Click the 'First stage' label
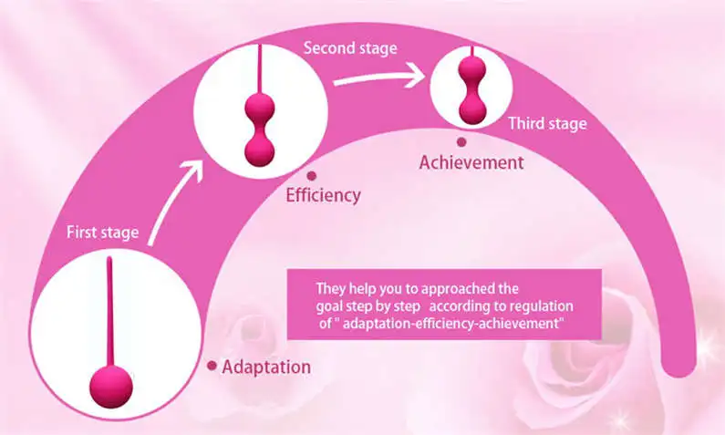(x=102, y=233)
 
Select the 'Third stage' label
(x=546, y=123)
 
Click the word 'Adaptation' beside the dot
(x=266, y=368)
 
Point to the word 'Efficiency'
(x=324, y=194)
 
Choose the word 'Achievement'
(x=471, y=163)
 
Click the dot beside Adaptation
(x=212, y=366)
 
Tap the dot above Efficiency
(x=311, y=175)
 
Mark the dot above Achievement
(x=461, y=141)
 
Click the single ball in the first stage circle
(x=111, y=387)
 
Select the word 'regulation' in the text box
(x=542, y=306)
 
